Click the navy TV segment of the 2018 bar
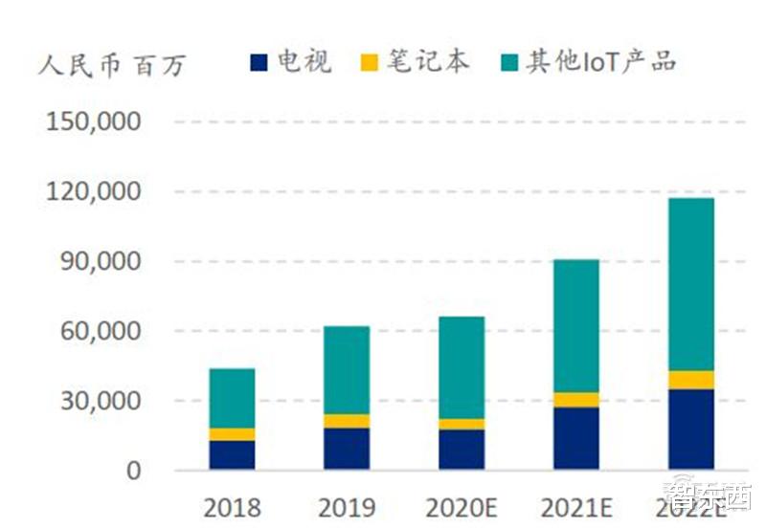(x=232, y=454)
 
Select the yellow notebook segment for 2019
(x=346, y=421)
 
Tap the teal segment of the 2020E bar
(x=461, y=367)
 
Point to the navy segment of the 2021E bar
(x=575, y=438)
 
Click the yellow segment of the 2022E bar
(x=690, y=380)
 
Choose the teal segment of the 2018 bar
(x=232, y=398)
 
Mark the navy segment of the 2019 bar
(x=346, y=448)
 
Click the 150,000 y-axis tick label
(x=94, y=122)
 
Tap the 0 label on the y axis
(x=133, y=471)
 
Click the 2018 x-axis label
(x=232, y=506)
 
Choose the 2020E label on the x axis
(x=461, y=506)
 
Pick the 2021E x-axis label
(x=575, y=506)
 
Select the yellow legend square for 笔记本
(x=369, y=63)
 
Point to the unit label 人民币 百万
(x=113, y=65)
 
